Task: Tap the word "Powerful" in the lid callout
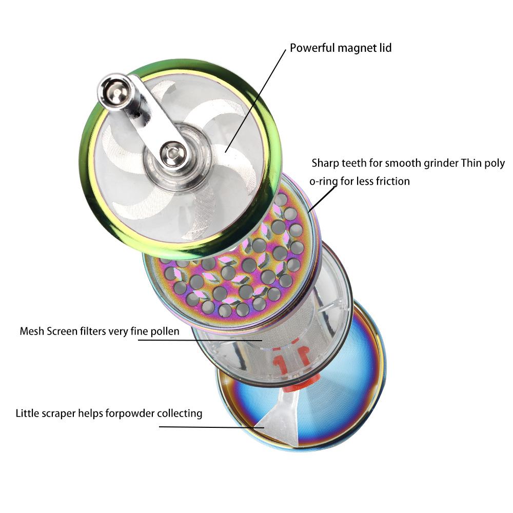(x=312, y=48)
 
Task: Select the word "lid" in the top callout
(x=385, y=48)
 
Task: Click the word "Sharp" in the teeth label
(x=326, y=164)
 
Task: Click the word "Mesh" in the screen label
(x=32, y=331)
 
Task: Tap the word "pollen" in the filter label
(x=165, y=331)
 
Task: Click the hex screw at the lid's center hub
(x=171, y=152)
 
